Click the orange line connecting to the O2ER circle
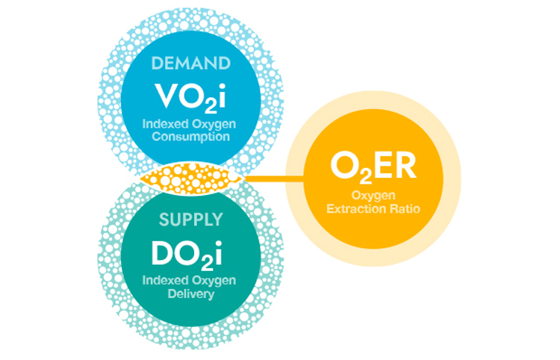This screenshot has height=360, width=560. (x=273, y=179)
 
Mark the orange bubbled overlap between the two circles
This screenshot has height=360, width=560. (x=190, y=179)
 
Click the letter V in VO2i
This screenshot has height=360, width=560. (x=165, y=95)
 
